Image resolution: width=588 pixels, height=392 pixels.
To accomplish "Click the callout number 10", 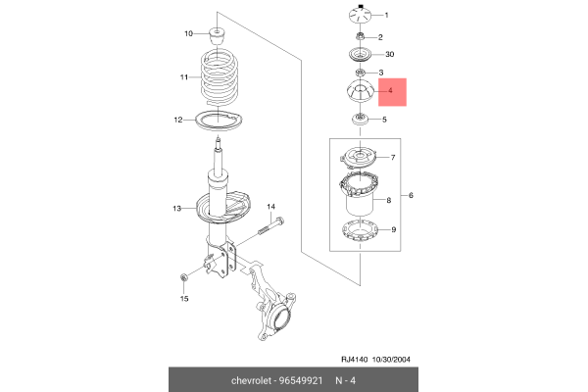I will [190, 34].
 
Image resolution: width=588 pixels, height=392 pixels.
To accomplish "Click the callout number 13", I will [177, 209].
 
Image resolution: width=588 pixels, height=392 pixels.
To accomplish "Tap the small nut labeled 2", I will [360, 36].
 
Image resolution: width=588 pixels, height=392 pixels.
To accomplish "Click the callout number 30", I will [390, 55].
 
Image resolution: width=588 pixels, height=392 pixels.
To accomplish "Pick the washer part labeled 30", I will [360, 55].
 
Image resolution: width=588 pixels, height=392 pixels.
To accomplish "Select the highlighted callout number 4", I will [390, 93].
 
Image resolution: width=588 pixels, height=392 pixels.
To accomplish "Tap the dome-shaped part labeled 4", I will [360, 94].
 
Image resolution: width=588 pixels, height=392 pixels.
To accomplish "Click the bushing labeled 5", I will [360, 121].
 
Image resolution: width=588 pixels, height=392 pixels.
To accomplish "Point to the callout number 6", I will [412, 197].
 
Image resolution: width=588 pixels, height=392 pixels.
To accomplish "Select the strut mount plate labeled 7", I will [360, 157].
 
